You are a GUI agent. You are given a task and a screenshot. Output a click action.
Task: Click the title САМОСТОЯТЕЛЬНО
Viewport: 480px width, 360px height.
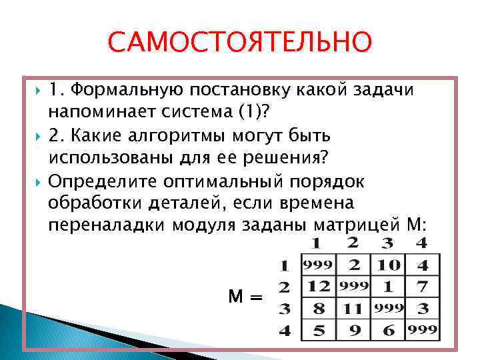(x=240, y=41)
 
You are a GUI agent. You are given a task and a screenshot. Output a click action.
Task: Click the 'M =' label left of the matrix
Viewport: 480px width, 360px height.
(x=246, y=297)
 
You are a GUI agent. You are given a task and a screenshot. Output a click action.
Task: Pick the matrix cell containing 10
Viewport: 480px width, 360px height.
(x=389, y=265)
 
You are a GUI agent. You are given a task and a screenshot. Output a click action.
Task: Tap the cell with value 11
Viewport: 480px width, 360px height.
(x=353, y=309)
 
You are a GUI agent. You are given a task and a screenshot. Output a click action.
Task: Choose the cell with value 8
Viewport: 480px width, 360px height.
(x=319, y=309)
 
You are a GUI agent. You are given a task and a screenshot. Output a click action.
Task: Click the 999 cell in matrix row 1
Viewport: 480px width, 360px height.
(x=319, y=265)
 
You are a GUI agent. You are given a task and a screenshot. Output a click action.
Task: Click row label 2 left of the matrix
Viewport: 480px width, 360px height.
(x=284, y=287)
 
